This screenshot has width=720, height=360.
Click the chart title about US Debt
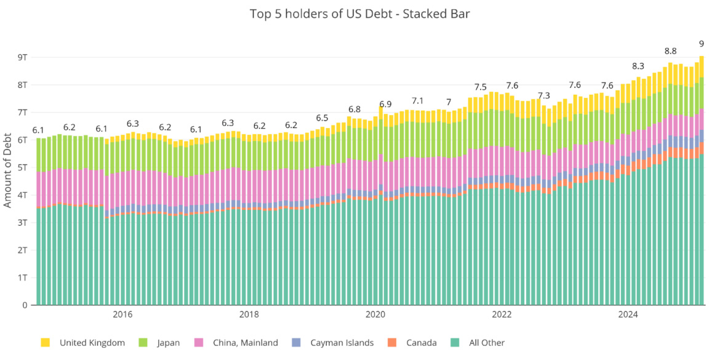click(360, 14)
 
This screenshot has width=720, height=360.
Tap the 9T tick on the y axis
click(23, 57)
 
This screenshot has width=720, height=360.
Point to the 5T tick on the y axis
click(23, 167)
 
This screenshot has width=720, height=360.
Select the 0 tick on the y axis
click(25, 305)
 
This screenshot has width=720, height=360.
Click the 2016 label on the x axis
click(122, 315)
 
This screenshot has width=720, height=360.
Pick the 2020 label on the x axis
click(375, 315)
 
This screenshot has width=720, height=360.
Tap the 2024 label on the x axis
click(628, 315)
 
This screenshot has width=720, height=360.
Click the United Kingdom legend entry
click(92, 343)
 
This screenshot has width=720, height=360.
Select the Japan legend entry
click(167, 343)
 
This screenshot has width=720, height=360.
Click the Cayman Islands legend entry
click(342, 343)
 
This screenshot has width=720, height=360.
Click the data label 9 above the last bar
click(702, 44)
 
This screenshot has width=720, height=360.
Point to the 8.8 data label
click(670, 51)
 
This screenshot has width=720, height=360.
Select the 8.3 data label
click(638, 66)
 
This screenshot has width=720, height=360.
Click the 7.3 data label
click(543, 96)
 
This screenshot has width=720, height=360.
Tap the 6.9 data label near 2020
click(385, 104)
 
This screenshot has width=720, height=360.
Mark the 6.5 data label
click(322, 118)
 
